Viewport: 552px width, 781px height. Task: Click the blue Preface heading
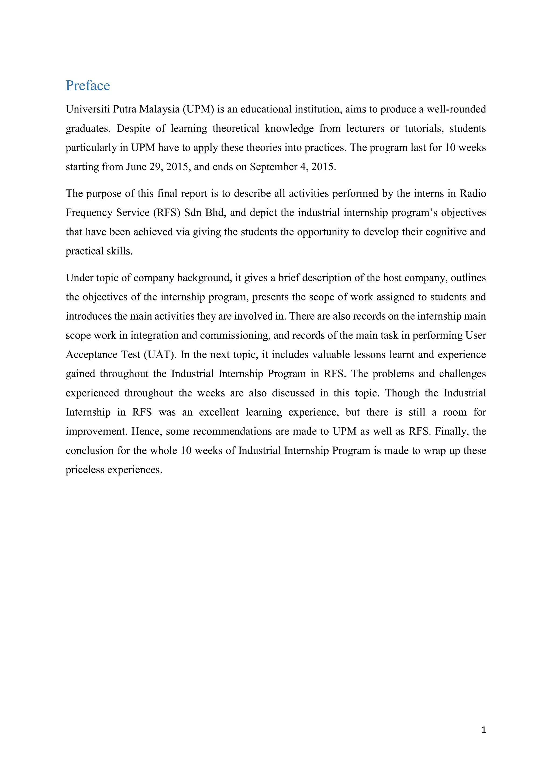point(88,85)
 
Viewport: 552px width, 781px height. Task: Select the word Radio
point(473,194)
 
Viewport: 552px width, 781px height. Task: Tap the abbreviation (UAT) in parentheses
point(160,355)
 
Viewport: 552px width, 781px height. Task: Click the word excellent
point(219,412)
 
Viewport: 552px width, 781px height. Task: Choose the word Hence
point(146,431)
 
